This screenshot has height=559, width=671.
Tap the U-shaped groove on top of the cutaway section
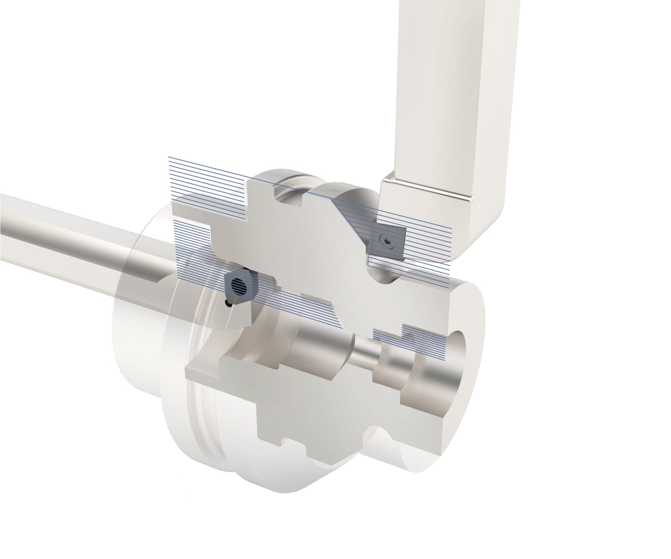[287, 196]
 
